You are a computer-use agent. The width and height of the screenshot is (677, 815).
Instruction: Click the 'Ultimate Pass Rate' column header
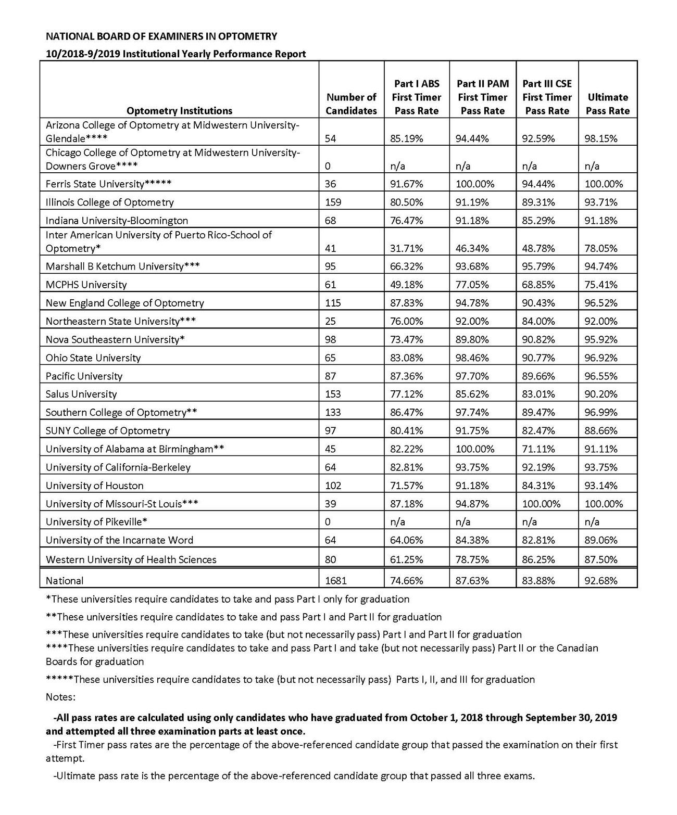click(x=608, y=104)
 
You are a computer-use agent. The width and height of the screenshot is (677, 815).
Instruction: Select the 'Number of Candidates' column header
click(x=351, y=104)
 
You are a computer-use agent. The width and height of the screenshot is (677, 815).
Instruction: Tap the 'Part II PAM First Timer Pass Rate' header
click(x=483, y=97)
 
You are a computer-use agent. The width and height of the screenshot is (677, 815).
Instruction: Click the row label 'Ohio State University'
click(x=93, y=358)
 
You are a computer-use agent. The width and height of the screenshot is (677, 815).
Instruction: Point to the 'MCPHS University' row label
click(x=86, y=285)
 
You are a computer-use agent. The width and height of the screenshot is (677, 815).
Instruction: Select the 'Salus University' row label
click(x=81, y=394)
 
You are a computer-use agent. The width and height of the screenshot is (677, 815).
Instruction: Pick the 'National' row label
click(x=65, y=580)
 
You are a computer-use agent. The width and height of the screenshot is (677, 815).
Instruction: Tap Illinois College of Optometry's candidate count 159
click(x=333, y=202)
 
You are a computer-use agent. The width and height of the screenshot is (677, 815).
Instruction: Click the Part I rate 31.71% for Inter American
click(x=407, y=248)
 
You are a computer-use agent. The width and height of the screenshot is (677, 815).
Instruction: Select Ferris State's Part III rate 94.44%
click(x=538, y=184)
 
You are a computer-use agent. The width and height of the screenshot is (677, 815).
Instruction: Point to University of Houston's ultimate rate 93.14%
click(x=601, y=486)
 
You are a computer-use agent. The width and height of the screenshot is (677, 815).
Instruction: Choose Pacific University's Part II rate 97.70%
click(x=472, y=376)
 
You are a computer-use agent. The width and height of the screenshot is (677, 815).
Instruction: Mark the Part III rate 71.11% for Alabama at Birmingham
click(x=538, y=449)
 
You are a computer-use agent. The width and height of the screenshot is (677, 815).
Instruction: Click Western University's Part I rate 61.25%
click(x=407, y=559)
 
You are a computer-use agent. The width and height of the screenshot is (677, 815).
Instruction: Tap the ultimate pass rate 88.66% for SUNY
click(x=601, y=430)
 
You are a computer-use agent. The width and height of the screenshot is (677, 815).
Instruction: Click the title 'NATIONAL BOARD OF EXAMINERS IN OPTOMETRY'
click(x=161, y=36)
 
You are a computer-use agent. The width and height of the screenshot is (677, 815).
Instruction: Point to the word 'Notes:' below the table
click(x=60, y=696)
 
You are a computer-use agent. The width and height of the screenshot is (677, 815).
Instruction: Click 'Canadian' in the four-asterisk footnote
click(x=578, y=648)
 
